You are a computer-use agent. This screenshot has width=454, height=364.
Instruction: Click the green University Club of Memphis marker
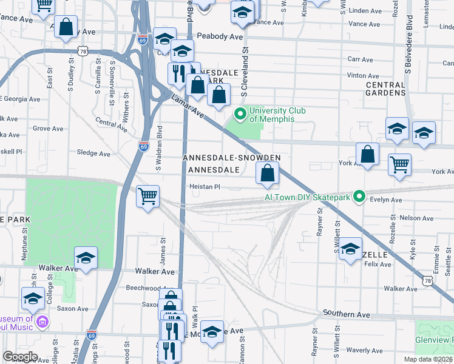[240, 113]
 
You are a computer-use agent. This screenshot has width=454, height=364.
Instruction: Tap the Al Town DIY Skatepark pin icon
[359, 197]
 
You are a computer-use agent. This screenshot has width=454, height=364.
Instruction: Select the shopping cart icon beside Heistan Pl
[148, 197]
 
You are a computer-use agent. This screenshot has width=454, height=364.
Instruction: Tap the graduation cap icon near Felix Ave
[350, 249]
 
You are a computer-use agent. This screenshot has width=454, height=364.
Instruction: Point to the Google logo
[20, 357]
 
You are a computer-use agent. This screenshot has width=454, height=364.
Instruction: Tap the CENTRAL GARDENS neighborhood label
[385, 89]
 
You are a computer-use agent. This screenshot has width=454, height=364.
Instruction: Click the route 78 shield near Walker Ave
[428, 281]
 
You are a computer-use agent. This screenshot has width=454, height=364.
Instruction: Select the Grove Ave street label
[48, 129]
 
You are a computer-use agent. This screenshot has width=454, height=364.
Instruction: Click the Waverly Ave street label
[364, 350]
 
